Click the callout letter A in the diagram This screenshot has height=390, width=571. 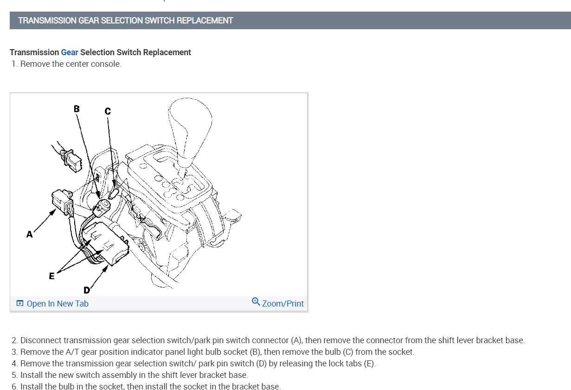(30, 235)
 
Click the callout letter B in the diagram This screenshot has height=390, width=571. (77, 109)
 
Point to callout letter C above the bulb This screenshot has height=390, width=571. (108, 111)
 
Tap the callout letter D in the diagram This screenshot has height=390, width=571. (87, 290)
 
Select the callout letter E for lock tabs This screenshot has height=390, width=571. (51, 276)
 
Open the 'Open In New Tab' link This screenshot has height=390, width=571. (57, 304)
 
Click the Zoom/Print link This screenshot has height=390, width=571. (282, 304)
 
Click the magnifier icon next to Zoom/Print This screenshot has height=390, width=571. (256, 302)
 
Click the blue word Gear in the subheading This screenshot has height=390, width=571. (70, 52)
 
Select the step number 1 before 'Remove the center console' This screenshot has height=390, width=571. (14, 64)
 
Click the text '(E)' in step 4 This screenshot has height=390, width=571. (369, 364)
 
